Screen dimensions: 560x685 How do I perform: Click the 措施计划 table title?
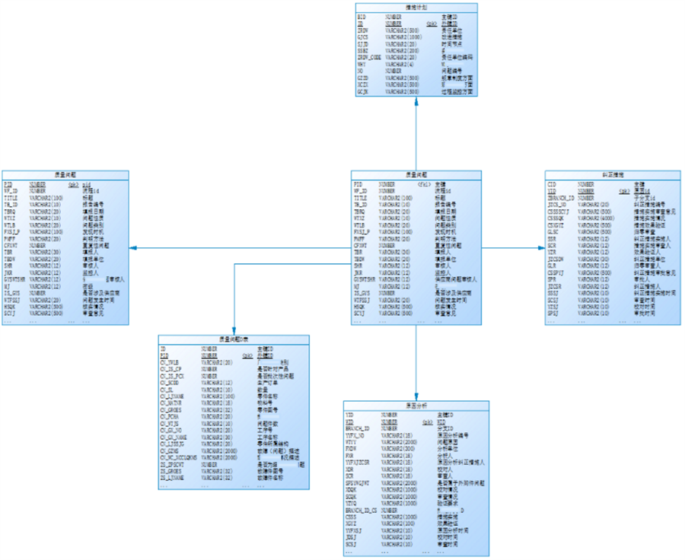pos(416,7)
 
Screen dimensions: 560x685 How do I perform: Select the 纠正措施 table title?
pos(595,175)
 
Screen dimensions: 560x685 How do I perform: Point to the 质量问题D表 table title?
pos(234,339)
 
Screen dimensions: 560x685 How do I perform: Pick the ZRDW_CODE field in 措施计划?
pos(370,57)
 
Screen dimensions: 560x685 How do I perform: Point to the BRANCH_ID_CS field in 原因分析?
pos(362,511)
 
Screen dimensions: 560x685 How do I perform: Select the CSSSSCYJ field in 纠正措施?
pos(562,210)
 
